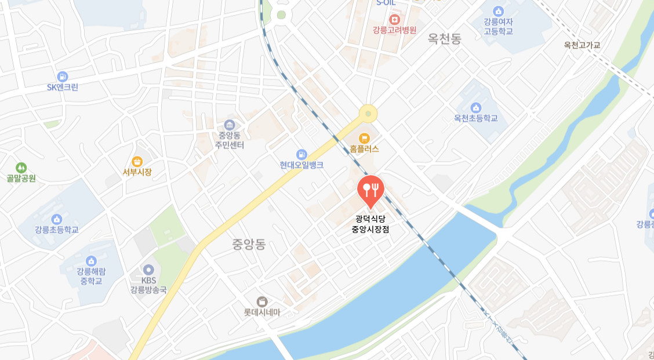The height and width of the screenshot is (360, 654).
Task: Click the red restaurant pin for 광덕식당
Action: (x=370, y=189)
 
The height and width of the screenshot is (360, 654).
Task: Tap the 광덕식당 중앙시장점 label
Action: (x=370, y=224)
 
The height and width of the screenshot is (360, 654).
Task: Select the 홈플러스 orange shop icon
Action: (x=364, y=138)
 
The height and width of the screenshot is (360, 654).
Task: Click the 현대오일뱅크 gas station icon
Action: (x=301, y=154)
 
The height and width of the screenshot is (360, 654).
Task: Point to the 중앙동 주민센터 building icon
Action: (x=229, y=125)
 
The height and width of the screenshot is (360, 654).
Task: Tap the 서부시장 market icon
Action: (x=137, y=161)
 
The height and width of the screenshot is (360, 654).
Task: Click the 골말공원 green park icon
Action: (x=21, y=168)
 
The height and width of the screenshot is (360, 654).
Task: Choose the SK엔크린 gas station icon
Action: (x=63, y=77)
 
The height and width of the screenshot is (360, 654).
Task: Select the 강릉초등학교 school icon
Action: (x=57, y=219)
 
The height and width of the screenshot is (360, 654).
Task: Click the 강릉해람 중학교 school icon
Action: (x=90, y=261)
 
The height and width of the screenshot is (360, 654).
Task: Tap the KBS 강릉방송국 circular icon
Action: (x=148, y=270)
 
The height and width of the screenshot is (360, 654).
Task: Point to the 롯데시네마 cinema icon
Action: (x=262, y=301)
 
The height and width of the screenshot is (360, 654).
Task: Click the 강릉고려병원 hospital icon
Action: (x=394, y=19)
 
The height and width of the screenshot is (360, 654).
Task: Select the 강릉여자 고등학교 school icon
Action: (x=498, y=11)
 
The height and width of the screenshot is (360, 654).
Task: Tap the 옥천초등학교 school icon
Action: (x=476, y=107)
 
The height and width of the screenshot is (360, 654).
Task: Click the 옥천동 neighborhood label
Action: (x=444, y=39)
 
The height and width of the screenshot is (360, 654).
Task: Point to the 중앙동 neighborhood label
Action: (x=249, y=245)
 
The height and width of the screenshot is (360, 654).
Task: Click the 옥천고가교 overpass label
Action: (x=582, y=45)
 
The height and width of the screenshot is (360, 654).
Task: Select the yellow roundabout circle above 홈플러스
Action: (x=368, y=114)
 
